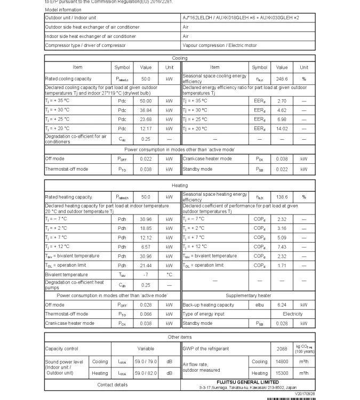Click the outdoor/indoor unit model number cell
coord(241,18)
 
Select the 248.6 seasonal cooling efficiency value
coord(281,78)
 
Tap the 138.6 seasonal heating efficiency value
coord(281,197)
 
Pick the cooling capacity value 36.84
coord(146,110)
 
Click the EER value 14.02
coord(281,129)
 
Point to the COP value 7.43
coord(281,246)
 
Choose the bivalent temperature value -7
coord(146,275)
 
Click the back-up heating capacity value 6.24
coord(281,305)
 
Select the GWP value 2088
coord(281,349)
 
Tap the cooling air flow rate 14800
coord(281,361)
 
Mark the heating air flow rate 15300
coord(281,373)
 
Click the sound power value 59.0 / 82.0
coord(146,373)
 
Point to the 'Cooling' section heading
coord(180,58)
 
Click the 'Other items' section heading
coord(180,337)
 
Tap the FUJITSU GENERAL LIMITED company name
coord(247,382)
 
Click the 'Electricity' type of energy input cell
coord(292,314)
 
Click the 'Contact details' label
coord(113,384)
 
